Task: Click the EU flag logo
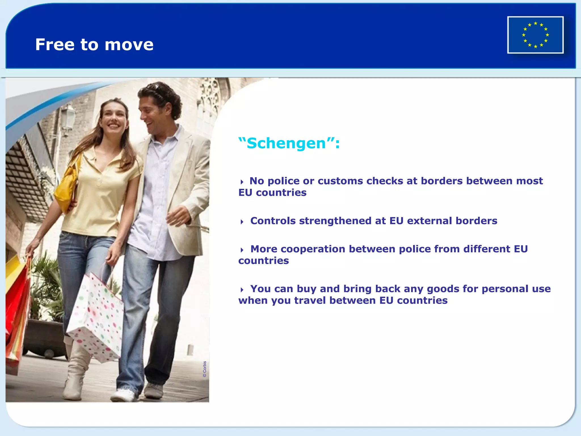[535, 35]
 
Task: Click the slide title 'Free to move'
[94, 45]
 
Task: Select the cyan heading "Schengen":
[289, 143]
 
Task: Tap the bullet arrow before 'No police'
[242, 182]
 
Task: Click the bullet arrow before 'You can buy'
[242, 290]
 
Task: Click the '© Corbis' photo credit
[205, 369]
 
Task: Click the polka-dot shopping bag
[96, 318]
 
